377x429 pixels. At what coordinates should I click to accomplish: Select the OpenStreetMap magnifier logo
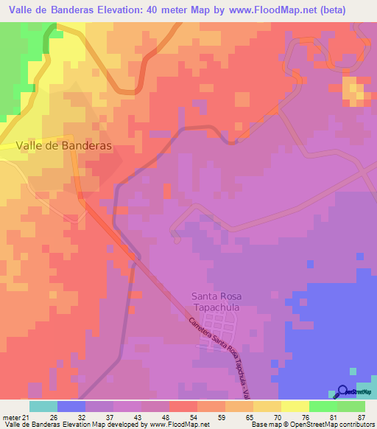tap(343, 392)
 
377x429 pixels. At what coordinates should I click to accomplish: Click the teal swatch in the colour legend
tap(43, 406)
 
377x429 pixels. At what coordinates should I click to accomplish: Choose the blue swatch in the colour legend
tap(71, 406)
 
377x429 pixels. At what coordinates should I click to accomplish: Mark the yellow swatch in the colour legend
tap(295, 406)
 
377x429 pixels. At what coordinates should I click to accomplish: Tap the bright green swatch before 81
tap(323, 406)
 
